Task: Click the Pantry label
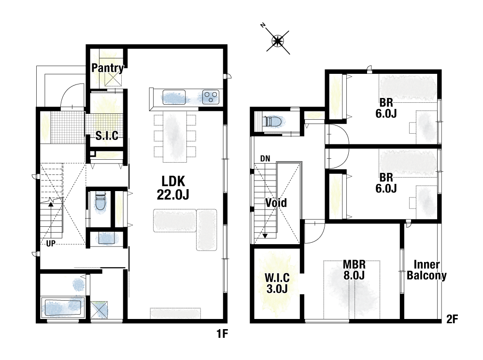pos(108,68)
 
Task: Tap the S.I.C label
pos(107,136)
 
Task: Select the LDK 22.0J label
pos(173,188)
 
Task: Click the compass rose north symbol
pos(278,41)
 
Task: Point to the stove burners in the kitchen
pos(211,97)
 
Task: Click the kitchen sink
pos(174,97)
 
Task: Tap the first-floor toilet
pos(100,202)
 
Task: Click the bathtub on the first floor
pos(63,307)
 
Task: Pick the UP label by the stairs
pos(51,243)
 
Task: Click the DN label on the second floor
pos(265,159)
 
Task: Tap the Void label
pos(276,203)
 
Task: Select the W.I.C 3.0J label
pos(277,283)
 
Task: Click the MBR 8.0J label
pos(354,270)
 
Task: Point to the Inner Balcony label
pos(426,270)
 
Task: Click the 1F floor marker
pos(222,333)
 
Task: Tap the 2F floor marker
pos(452,319)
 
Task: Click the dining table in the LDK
pos(175,137)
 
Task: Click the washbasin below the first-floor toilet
pos(107,238)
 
